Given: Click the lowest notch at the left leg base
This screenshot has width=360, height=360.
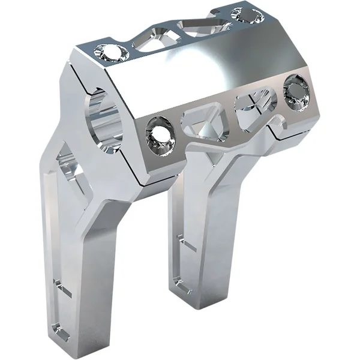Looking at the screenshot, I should pos(58,327).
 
